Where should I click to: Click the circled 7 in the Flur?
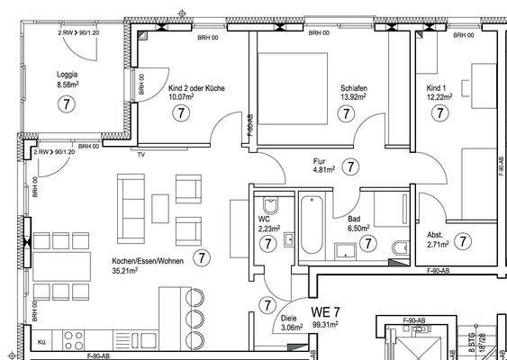point(351,166)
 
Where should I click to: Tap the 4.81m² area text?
point(323,168)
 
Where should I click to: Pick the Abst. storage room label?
point(434,234)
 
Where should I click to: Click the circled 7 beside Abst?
point(462,240)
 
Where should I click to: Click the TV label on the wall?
point(140,155)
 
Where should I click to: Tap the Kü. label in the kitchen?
point(41,343)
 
